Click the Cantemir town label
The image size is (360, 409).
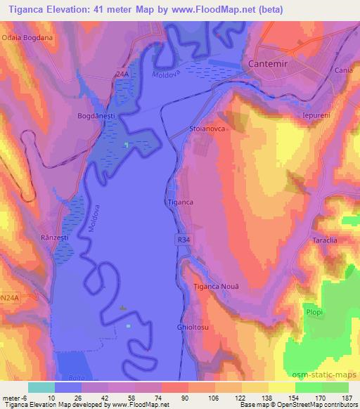pyautogui.click(x=270, y=64)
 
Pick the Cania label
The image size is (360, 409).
pyautogui.click(x=344, y=71)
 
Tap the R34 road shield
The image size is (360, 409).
pyautogui.click(x=183, y=240)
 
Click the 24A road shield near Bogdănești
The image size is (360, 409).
pyautogui.click(x=122, y=72)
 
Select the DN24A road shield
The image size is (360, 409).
pyautogui.click(x=10, y=278)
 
